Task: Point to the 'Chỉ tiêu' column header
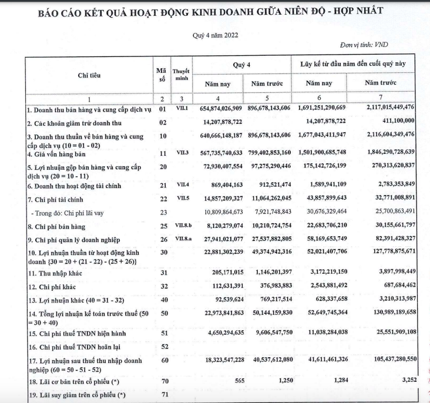point(88,75)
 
